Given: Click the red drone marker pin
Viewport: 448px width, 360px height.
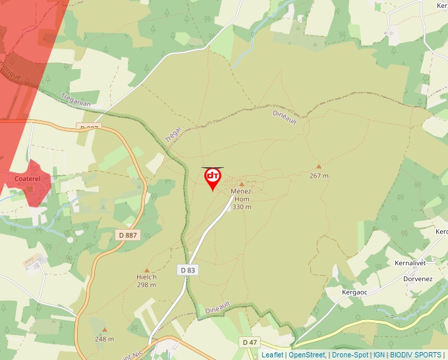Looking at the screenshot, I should tap(213, 178).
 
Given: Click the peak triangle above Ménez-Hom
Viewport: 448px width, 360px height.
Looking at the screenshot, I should tap(241, 184).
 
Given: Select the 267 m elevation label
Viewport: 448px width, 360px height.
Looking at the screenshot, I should tap(319, 176).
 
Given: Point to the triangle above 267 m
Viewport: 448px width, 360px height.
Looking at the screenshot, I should tap(319, 167).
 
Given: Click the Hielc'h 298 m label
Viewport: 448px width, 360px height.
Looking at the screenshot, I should tap(146, 281).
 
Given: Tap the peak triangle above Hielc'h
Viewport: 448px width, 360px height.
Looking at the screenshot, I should tap(146, 270).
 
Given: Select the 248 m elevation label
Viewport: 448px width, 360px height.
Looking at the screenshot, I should tap(104, 339).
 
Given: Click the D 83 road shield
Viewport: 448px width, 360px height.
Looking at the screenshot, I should tap(188, 270).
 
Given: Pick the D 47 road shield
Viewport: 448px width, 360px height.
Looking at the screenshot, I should tap(249, 342).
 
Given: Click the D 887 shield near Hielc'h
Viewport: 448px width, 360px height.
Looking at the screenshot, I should tap(128, 235).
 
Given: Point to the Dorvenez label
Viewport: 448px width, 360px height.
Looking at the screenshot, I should tap(418, 278).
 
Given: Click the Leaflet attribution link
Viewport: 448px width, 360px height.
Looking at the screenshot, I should tap(272, 355).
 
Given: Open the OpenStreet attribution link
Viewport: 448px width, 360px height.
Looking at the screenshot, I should tap(306, 355).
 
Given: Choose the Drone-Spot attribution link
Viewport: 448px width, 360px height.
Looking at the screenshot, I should tap(350, 355).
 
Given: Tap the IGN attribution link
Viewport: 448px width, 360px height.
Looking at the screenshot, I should tap(379, 355).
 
